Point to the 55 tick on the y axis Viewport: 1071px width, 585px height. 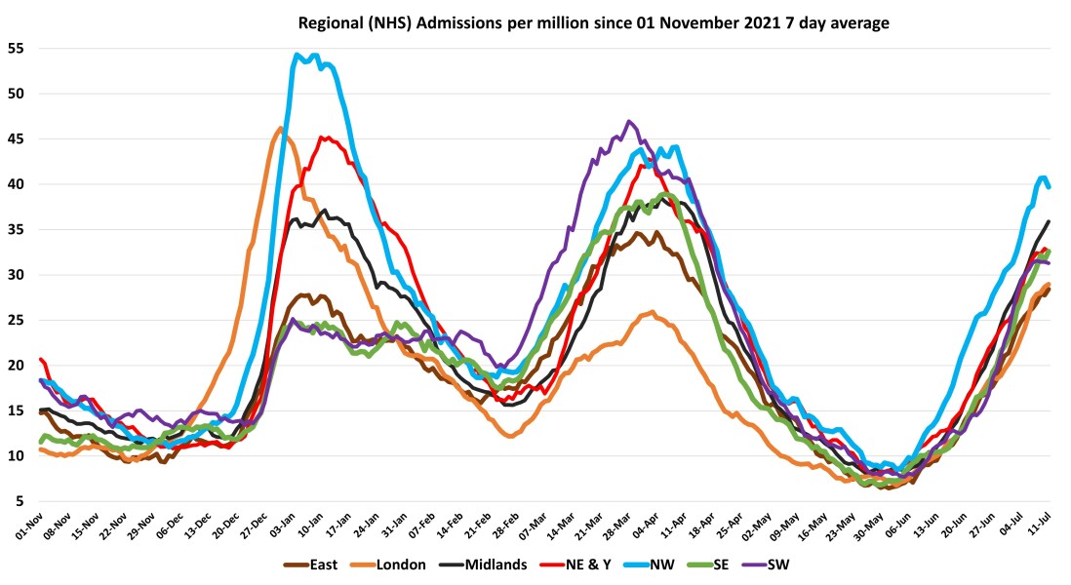(x=18, y=49)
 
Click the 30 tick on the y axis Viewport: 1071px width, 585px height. (x=18, y=275)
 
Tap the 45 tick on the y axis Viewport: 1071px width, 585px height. (x=18, y=139)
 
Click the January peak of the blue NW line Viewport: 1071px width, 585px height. (x=297, y=55)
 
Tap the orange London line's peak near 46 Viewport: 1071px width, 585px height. (x=281, y=129)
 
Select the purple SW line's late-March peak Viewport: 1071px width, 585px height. (x=630, y=122)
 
